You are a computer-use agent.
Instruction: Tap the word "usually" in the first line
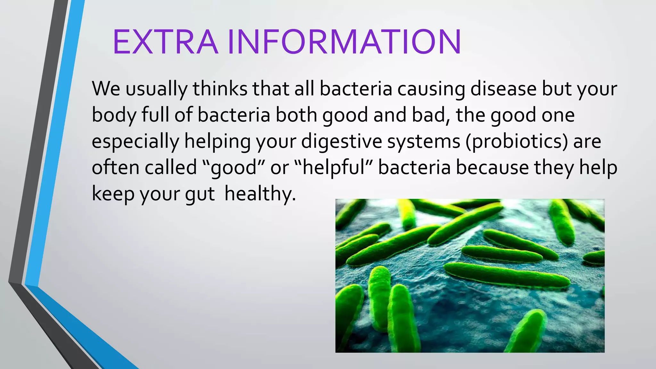156,89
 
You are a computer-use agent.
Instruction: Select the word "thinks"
220,89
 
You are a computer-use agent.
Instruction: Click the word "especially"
135,141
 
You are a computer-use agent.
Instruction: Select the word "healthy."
260,194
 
